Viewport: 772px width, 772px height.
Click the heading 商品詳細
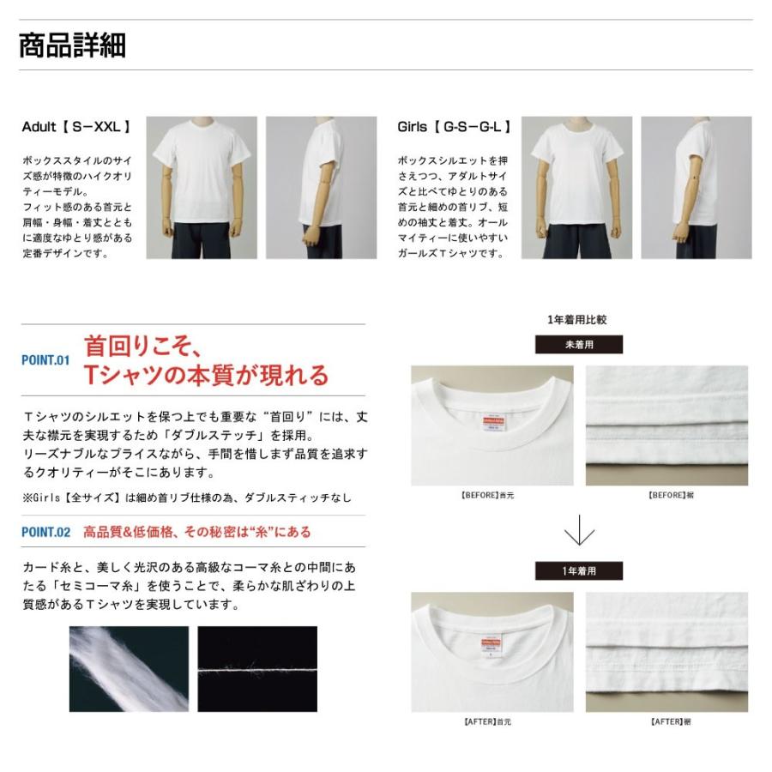coord(72,45)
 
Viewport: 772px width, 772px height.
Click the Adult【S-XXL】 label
coord(75,127)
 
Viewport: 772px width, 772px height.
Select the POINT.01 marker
coord(45,361)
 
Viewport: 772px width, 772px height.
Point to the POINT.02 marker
coord(45,533)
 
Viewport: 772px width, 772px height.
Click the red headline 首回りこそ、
coord(142,346)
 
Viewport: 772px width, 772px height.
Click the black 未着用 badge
coord(579,345)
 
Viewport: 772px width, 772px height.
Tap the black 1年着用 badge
coord(579,570)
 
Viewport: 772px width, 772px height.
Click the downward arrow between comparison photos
coord(579,532)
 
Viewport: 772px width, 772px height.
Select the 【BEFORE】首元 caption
coord(492,496)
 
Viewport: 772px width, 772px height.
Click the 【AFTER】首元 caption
coord(492,721)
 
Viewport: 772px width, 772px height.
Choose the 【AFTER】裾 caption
coord(671,721)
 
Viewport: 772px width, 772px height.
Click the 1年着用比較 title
coord(577,320)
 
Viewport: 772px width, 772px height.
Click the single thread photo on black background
coord(257,669)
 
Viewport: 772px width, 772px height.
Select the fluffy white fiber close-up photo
coord(129,669)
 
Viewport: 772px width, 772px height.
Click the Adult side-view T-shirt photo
coord(321,188)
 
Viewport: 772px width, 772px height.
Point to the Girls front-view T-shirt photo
coord(576,188)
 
